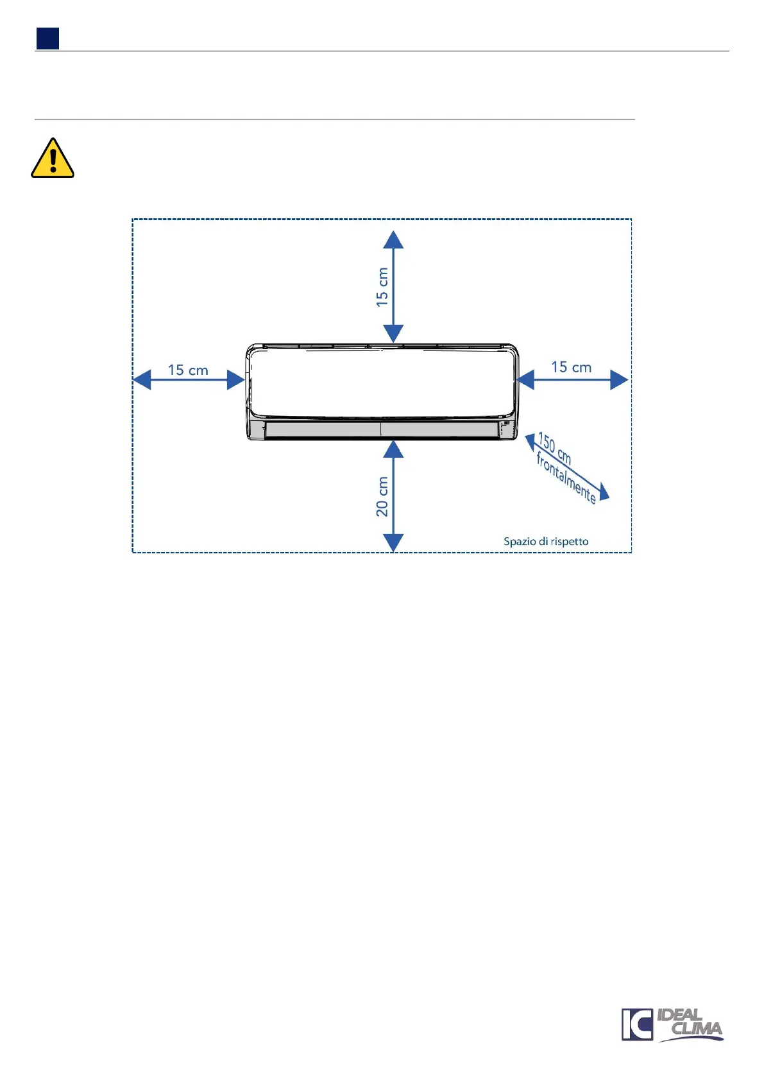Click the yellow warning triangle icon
(53, 159)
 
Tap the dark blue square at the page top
(47, 39)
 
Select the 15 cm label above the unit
(382, 287)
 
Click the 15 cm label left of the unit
(188, 370)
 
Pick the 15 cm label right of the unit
(571, 368)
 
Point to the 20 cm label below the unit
(382, 496)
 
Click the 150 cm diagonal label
(554, 448)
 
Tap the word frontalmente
(566, 478)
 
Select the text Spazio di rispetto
(546, 541)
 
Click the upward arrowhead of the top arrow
(393, 240)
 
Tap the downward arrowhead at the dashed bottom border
(393, 542)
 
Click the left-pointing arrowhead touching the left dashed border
(142, 379)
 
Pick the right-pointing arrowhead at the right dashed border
(618, 379)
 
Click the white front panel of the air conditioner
(382, 383)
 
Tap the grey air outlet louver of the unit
(381, 429)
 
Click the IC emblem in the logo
(636, 1025)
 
